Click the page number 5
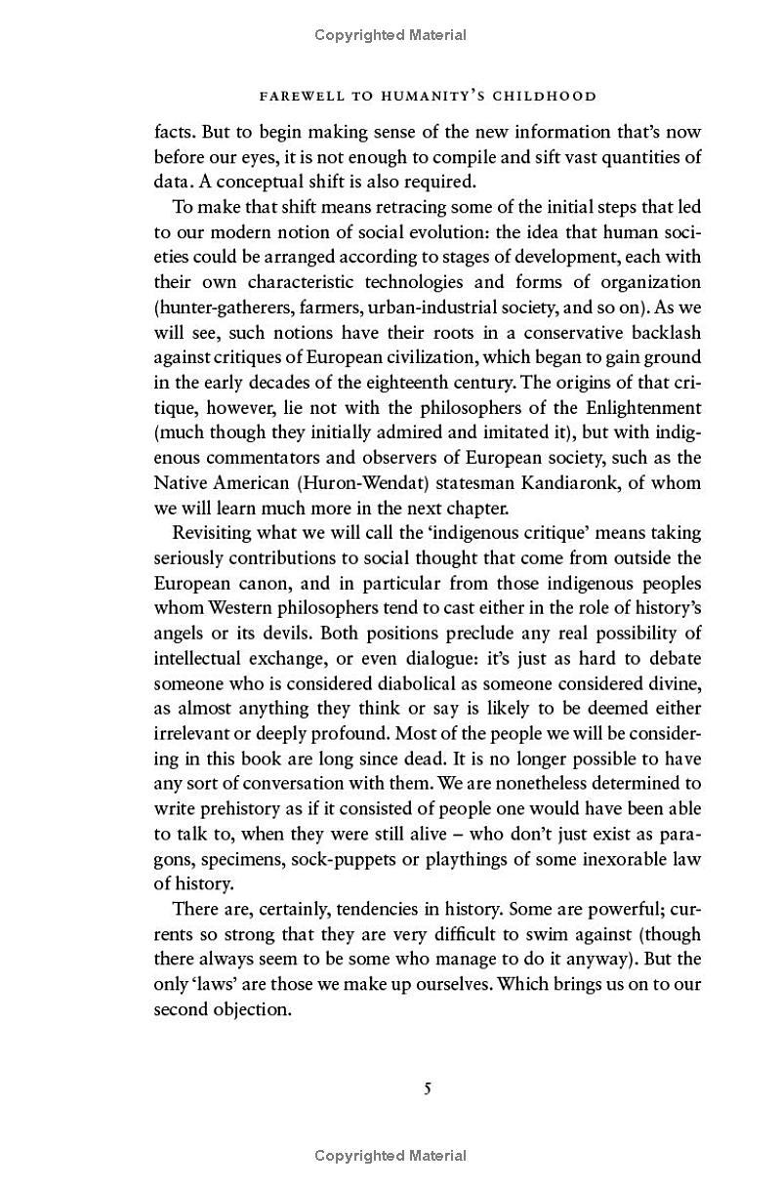pos(428,1088)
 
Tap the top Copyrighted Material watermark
pos(390,35)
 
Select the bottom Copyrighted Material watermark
pos(390,1156)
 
